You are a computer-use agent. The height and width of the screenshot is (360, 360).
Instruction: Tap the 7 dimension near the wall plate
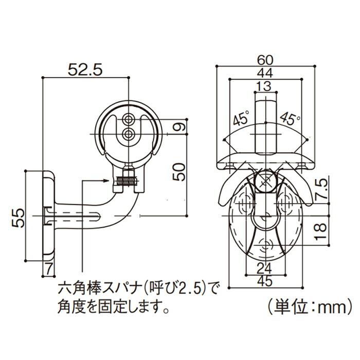coord(48,268)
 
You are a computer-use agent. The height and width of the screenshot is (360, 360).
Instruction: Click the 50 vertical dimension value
coord(176,170)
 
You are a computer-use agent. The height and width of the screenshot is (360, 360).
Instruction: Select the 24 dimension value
coord(266,267)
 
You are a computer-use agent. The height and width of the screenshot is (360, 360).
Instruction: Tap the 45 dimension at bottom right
coord(266,281)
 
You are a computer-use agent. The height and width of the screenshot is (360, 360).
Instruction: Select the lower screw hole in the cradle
coord(128,135)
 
